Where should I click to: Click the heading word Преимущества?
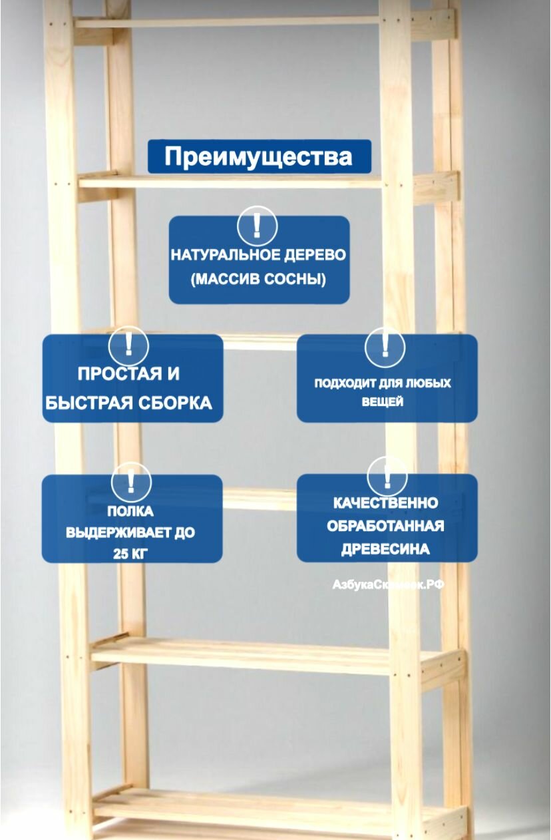pyautogui.click(x=258, y=157)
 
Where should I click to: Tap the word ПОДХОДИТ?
pyautogui.click(x=341, y=384)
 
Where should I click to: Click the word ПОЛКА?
pyautogui.click(x=130, y=512)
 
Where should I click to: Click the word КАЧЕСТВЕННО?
pyautogui.click(x=385, y=503)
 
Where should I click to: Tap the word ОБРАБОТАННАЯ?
pyautogui.click(x=385, y=526)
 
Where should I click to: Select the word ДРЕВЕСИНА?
pyautogui.click(x=385, y=550)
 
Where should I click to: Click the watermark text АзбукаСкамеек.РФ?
pyautogui.click(x=388, y=584)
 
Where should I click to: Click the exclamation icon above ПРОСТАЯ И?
pyautogui.click(x=128, y=345)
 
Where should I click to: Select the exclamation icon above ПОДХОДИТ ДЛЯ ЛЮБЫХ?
pyautogui.click(x=385, y=345)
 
